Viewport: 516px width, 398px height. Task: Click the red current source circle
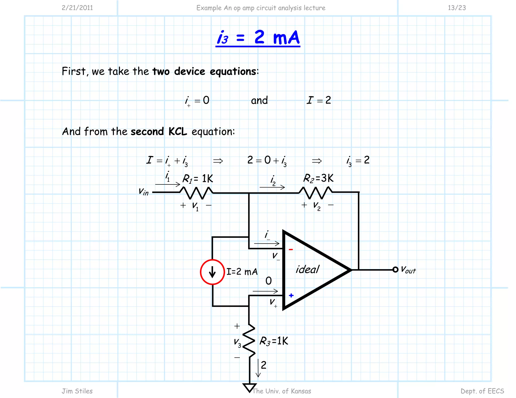coord(212,272)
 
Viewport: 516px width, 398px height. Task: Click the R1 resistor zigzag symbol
coord(196,193)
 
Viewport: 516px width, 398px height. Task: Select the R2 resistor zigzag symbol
coord(315,193)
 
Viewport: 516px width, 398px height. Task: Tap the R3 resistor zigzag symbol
coord(249,341)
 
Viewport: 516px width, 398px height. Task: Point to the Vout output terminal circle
coord(395,270)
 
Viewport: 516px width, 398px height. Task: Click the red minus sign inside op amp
coord(291,250)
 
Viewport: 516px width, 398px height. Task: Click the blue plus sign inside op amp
coord(291,295)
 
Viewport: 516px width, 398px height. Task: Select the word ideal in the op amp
coord(307,269)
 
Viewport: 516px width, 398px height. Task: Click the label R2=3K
coord(318,178)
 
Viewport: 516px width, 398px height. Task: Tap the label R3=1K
coord(274,341)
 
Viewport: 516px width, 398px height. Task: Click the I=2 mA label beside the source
coord(242,272)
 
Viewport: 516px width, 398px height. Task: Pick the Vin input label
coord(144,192)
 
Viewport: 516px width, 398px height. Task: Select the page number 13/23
coord(457,8)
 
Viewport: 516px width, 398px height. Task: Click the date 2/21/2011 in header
coord(77,8)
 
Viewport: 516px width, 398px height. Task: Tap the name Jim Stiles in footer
coord(77,391)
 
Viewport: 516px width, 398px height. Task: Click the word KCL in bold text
coord(178,132)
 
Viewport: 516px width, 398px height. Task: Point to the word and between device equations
coord(259,100)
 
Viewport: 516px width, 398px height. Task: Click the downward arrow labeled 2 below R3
coord(258,368)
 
